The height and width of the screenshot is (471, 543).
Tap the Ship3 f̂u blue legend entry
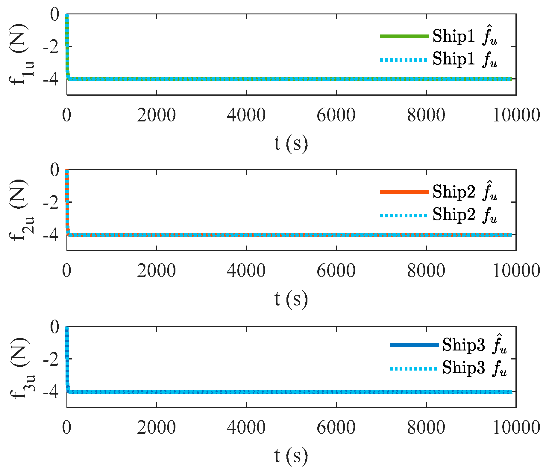(x=448, y=345)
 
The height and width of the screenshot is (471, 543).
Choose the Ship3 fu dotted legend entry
(x=448, y=368)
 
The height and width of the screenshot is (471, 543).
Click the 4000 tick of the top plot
(x=246, y=115)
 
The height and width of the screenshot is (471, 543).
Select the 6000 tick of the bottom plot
(x=336, y=428)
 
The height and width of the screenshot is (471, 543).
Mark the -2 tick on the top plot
(x=51, y=47)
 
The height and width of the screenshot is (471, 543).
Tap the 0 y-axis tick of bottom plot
(x=55, y=327)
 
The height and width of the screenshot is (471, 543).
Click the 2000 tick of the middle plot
(x=156, y=271)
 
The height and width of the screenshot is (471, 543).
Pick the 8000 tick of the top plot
(x=426, y=115)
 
